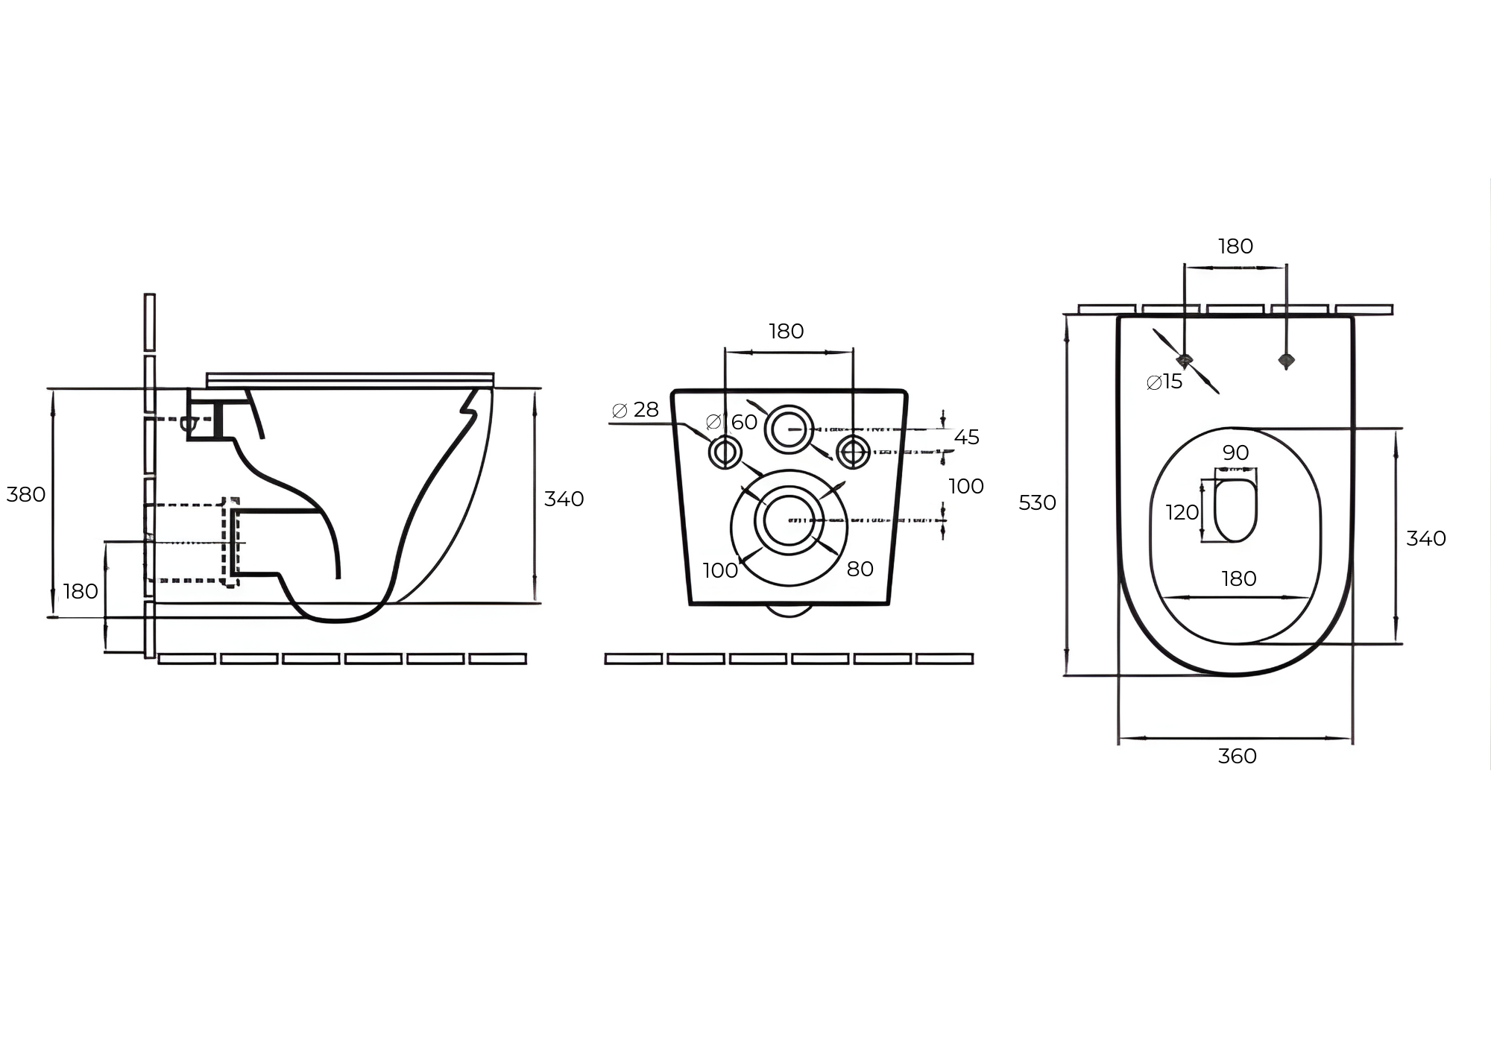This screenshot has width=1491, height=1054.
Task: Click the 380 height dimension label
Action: tap(26, 495)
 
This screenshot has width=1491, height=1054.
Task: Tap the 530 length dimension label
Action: tap(1038, 503)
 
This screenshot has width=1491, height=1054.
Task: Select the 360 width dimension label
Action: tap(1238, 757)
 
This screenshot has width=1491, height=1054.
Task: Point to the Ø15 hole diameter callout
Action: tap(1164, 382)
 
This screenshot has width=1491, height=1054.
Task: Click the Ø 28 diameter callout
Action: tap(635, 410)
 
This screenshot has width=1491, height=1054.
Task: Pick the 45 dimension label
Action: tap(967, 438)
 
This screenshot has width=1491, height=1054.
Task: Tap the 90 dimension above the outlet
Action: tap(1236, 453)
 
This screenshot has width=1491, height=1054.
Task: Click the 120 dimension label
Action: tap(1182, 513)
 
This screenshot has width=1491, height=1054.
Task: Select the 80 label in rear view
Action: tap(860, 569)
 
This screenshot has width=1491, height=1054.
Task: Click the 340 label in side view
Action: tap(564, 499)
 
